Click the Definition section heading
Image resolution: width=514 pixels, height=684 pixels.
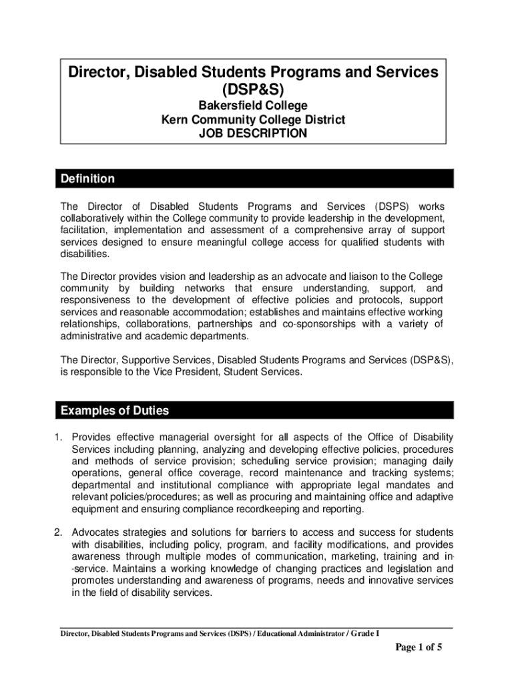pos(87,179)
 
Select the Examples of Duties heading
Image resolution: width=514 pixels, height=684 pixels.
pos(115,410)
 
